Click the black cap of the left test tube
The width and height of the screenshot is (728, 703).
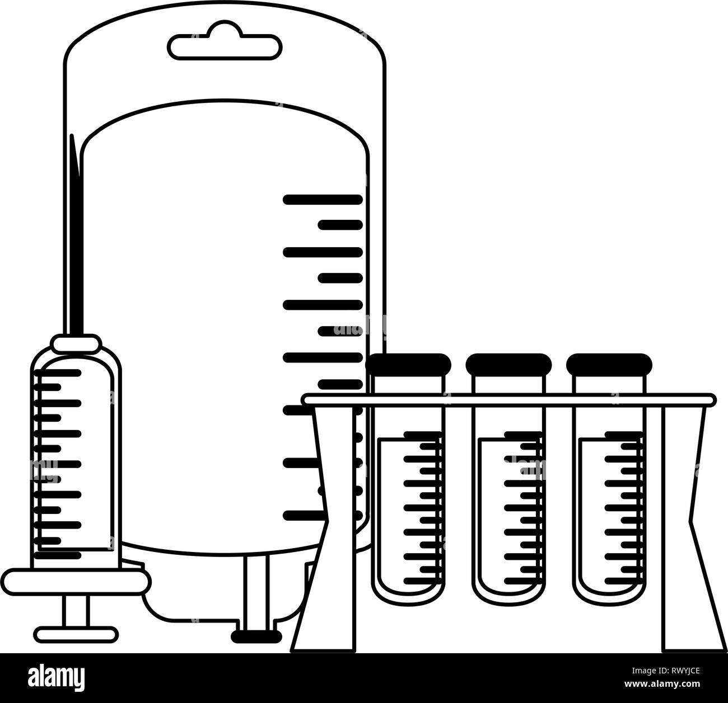(408, 364)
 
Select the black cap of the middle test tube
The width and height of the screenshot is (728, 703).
(508, 364)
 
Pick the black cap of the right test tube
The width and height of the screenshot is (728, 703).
(609, 364)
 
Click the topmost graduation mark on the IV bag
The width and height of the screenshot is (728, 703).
(323, 199)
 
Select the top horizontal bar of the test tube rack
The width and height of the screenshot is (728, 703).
(508, 399)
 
